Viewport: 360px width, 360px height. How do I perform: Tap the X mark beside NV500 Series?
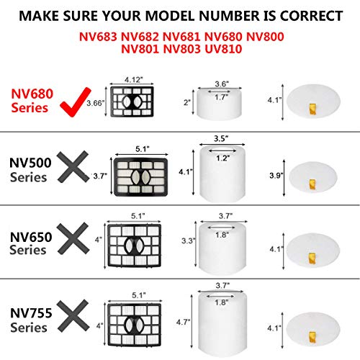click(73, 166)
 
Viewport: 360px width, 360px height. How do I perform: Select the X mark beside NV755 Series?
click(73, 315)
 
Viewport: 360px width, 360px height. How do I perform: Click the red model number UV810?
click(223, 49)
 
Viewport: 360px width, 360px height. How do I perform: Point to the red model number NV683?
click(98, 37)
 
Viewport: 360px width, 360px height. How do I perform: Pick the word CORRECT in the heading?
click(311, 16)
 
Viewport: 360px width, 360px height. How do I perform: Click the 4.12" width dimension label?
click(134, 80)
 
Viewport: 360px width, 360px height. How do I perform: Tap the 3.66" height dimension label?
click(96, 103)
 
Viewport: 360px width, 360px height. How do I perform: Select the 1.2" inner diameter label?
click(222, 158)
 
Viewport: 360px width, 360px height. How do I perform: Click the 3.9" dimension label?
click(276, 176)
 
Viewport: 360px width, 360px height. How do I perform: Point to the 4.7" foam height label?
click(183, 322)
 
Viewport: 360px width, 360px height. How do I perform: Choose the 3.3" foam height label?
click(188, 240)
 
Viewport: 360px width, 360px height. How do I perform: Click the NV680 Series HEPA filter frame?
click(132, 102)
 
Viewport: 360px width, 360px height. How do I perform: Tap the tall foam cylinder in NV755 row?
click(222, 321)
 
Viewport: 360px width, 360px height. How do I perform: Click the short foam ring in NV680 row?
click(219, 104)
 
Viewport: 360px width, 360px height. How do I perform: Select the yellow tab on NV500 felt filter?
click(312, 184)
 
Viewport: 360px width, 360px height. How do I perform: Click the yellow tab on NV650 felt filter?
click(312, 258)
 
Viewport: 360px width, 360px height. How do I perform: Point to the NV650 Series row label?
click(31, 243)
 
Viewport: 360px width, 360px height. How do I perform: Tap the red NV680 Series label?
click(32, 101)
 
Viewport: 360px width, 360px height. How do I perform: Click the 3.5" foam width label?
click(221, 139)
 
